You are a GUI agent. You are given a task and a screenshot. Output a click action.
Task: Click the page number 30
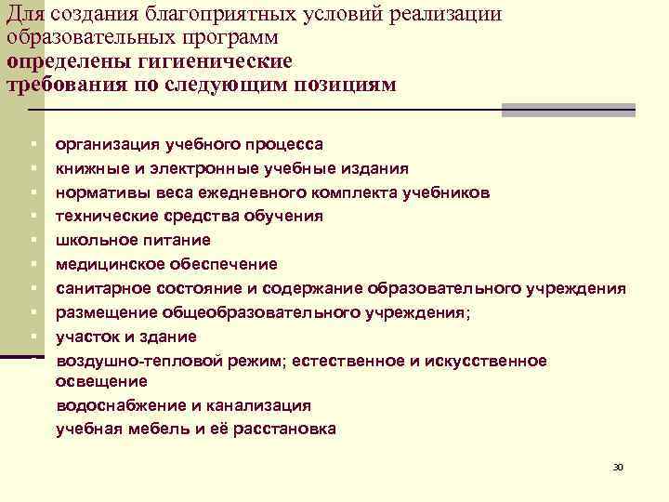pos(618,467)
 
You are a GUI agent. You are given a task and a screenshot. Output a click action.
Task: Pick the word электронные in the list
pos(241,168)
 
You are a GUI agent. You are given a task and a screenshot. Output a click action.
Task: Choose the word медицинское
pos(111,265)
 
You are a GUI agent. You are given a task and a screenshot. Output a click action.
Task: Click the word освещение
pos(101,381)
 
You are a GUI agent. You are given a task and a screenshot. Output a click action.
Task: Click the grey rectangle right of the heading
pos(568,110)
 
